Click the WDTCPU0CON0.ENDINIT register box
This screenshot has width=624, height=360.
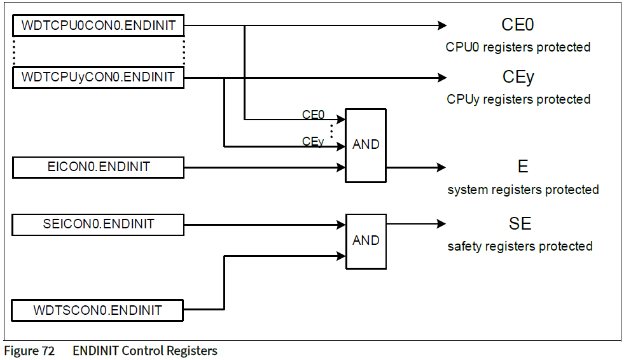pyautogui.click(x=99, y=26)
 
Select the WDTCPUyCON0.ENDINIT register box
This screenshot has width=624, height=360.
pyautogui.click(x=99, y=78)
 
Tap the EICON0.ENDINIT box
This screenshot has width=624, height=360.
pyautogui.click(x=99, y=167)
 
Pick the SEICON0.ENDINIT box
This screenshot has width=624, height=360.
pyautogui.click(x=99, y=225)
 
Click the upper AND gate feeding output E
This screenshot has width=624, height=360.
pyautogui.click(x=365, y=145)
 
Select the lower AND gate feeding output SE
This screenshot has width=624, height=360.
pyautogui.click(x=365, y=241)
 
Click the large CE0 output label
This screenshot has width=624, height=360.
pyautogui.click(x=518, y=25)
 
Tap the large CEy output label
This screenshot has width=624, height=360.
pyautogui.click(x=518, y=78)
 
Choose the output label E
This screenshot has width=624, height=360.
pyautogui.click(x=523, y=167)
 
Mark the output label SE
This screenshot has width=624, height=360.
pyautogui.click(x=520, y=224)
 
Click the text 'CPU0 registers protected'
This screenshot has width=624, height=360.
pyautogui.click(x=518, y=47)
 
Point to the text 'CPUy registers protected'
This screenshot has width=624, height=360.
pyautogui.click(x=518, y=99)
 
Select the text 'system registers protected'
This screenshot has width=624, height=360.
pyautogui.click(x=523, y=190)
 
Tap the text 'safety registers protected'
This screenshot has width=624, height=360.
pyautogui.click(x=520, y=246)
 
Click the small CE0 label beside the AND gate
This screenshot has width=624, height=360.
pyautogui.click(x=313, y=115)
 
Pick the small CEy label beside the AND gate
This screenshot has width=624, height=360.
pyautogui.click(x=313, y=141)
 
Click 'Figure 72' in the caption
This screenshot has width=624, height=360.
pyautogui.click(x=29, y=351)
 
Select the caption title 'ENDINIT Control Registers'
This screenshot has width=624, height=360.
pyautogui.click(x=145, y=351)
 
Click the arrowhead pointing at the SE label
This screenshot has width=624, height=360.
pyautogui.click(x=441, y=224)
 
